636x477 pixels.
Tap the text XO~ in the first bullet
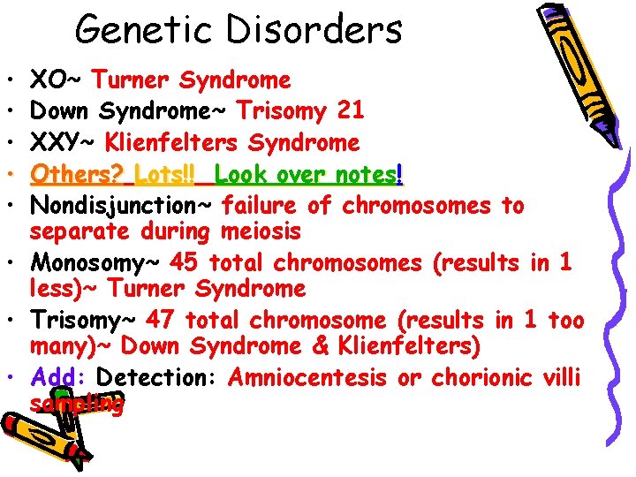pos(57,80)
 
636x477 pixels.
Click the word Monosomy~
pos(96,262)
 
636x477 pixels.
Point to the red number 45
pos(186,262)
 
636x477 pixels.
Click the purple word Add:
pos(59,377)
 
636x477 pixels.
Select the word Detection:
pos(159,377)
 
